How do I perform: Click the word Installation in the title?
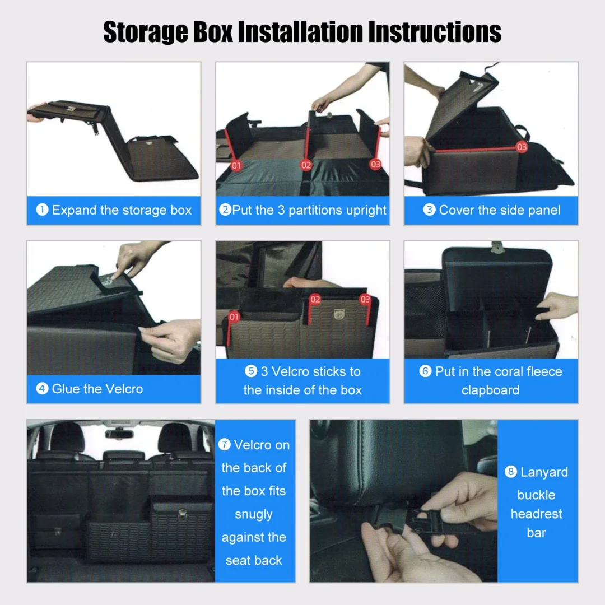[301, 32]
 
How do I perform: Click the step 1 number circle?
[42, 211]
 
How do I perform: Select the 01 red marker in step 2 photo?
[236, 165]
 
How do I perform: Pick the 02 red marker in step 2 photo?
[306, 165]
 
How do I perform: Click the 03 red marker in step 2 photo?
[375, 164]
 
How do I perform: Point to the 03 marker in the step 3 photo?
[522, 147]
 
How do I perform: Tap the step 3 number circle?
[429, 211]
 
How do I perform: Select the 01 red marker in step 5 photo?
[234, 317]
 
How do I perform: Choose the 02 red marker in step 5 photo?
[315, 299]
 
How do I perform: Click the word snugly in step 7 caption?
[254, 514]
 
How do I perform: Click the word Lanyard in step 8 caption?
[544, 472]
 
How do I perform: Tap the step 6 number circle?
[426, 371]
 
